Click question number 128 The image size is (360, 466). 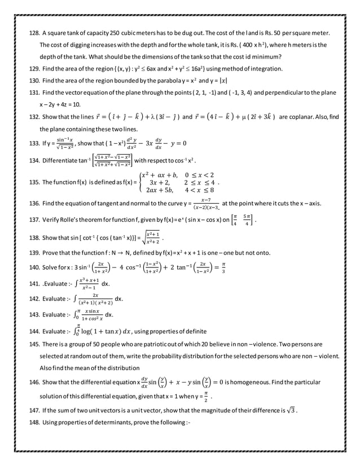(34, 33)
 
